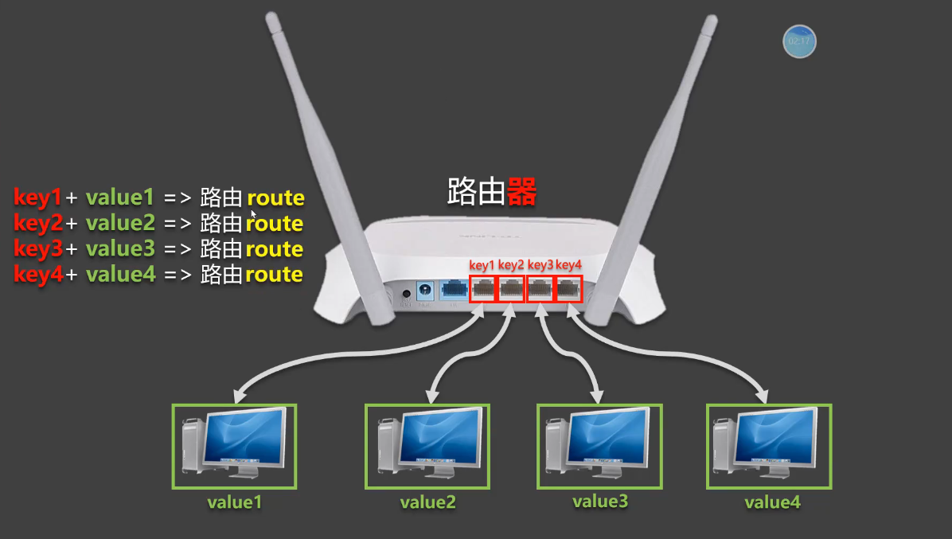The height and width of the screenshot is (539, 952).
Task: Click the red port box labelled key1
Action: tap(483, 289)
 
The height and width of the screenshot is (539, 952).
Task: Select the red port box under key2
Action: tap(512, 289)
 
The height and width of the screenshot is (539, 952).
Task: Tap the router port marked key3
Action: tap(540, 289)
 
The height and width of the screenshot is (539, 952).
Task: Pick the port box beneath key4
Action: tap(568, 289)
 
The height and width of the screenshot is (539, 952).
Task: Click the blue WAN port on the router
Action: tap(454, 290)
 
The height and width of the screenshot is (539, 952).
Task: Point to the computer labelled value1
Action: tap(234, 446)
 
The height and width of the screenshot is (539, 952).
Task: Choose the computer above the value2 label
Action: tap(427, 446)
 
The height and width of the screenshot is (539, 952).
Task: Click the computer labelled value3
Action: tap(599, 446)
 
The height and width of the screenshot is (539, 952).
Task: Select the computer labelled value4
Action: tap(768, 446)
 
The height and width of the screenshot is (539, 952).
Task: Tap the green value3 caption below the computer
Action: tap(600, 502)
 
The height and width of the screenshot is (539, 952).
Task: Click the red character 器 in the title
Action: tap(521, 192)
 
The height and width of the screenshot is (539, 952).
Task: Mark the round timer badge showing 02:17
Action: tap(799, 41)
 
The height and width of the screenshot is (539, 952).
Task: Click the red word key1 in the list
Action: tap(37, 197)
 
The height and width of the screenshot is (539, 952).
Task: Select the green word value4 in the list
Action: tap(120, 275)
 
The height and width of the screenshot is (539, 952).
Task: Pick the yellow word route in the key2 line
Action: tap(275, 224)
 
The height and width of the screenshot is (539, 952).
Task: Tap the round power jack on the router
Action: tap(425, 290)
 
